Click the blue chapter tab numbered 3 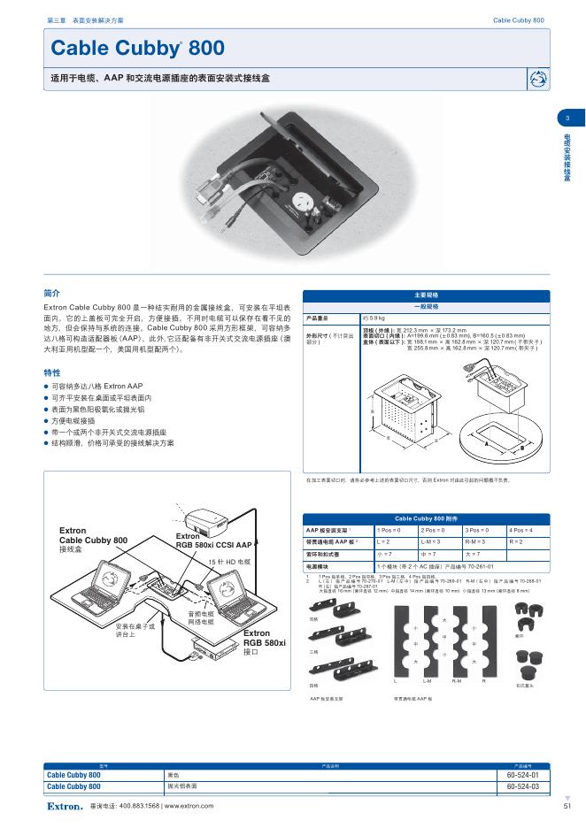(x=567, y=119)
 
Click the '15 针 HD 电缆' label (x=229, y=562)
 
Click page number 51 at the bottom (x=567, y=805)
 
